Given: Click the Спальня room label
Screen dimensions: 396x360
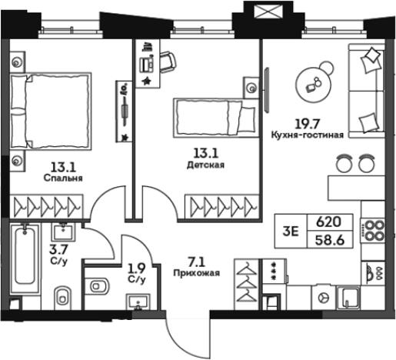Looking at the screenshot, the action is click(x=63, y=178).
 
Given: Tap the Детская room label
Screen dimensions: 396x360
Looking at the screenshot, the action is click(x=205, y=165).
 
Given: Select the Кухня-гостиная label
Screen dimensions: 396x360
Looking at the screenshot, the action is click(x=308, y=135).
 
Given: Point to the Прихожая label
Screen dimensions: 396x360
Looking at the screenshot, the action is click(x=197, y=273).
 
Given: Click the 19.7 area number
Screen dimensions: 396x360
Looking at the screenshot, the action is click(x=308, y=125).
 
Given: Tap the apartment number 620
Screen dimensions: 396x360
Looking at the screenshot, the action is click(x=329, y=222).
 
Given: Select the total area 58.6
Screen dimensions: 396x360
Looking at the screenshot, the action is click(x=329, y=241).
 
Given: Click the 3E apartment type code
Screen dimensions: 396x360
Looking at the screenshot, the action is click(x=291, y=232).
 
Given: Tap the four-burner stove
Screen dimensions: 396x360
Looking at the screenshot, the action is click(x=373, y=231).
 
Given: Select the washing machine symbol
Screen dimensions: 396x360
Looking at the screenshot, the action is click(x=323, y=298).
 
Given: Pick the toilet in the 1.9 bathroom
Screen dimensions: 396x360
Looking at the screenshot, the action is click(x=97, y=285).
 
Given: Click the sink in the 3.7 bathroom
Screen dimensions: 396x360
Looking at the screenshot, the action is click(x=63, y=232).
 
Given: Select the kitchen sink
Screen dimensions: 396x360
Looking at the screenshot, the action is click(x=348, y=298).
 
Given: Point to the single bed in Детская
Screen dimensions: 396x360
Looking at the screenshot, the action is click(x=216, y=118).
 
